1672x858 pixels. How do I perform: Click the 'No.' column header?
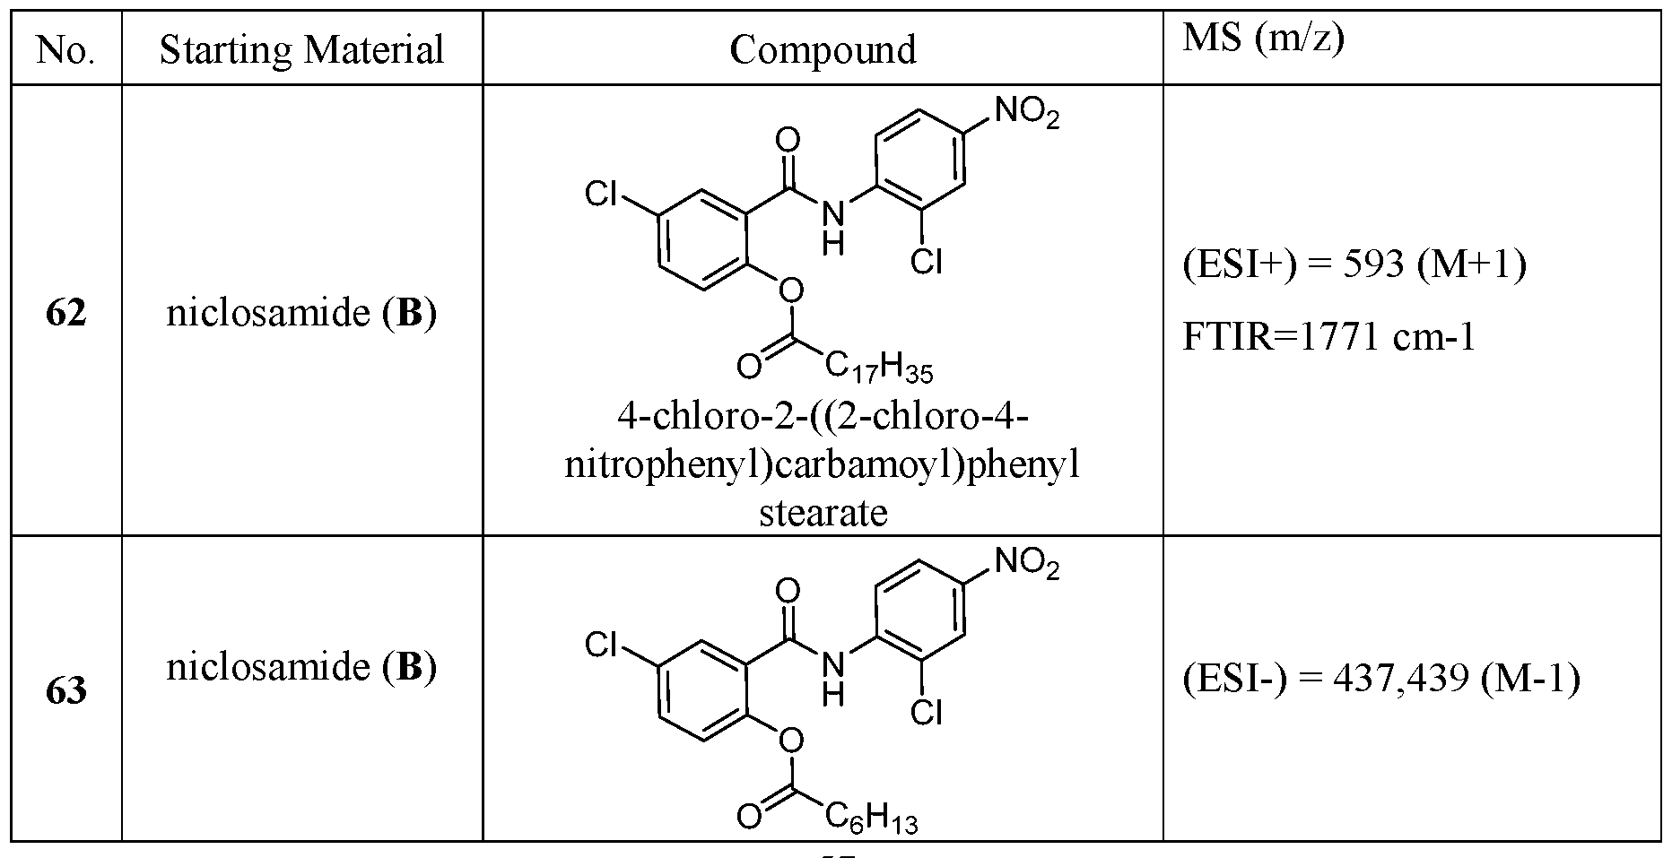(65, 50)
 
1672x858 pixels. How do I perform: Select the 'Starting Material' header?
(302, 50)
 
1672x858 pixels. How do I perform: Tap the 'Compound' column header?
(823, 50)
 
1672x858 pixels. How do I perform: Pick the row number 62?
(65, 313)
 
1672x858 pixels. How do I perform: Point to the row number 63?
(65, 691)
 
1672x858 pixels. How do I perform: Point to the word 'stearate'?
(823, 513)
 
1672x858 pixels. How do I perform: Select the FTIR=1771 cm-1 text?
(1328, 337)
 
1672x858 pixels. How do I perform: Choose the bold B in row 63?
(408, 667)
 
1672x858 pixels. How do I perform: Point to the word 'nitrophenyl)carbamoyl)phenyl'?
(823, 466)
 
